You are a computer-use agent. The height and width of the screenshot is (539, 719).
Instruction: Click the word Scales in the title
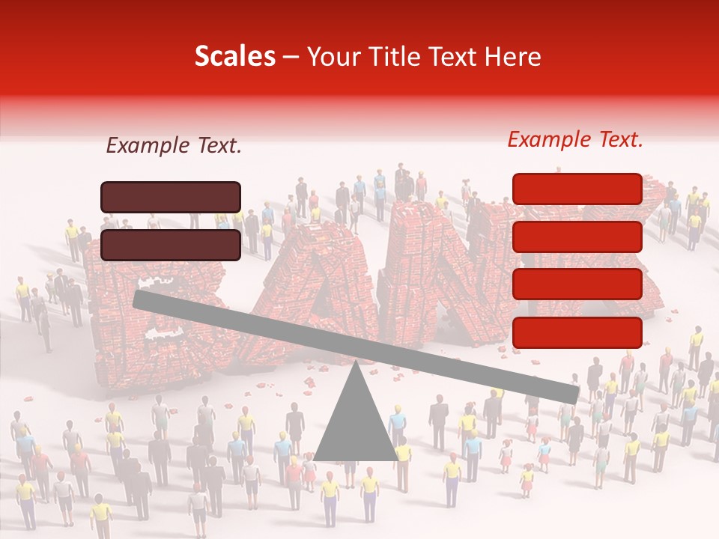point(234,56)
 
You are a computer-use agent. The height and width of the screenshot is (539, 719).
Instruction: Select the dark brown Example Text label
point(174,146)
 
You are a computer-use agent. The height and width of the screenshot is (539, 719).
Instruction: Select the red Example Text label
point(575,139)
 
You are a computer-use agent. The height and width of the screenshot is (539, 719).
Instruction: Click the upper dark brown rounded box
point(171,197)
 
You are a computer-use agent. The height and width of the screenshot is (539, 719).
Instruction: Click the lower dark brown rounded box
point(171,245)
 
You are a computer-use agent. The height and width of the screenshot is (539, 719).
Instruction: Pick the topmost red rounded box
point(577,189)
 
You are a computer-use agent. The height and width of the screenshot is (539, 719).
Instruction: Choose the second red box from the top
point(577,237)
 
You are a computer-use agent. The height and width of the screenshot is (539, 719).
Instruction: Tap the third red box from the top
point(577,284)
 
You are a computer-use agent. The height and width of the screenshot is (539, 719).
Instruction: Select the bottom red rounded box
point(577,332)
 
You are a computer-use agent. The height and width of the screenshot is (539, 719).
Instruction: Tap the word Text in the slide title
point(459,56)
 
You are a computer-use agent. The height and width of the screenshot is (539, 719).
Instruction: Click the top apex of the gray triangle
point(356,364)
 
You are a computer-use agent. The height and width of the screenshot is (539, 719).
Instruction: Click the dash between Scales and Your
point(291,57)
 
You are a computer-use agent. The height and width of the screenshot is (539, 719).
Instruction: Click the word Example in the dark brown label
point(146,146)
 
